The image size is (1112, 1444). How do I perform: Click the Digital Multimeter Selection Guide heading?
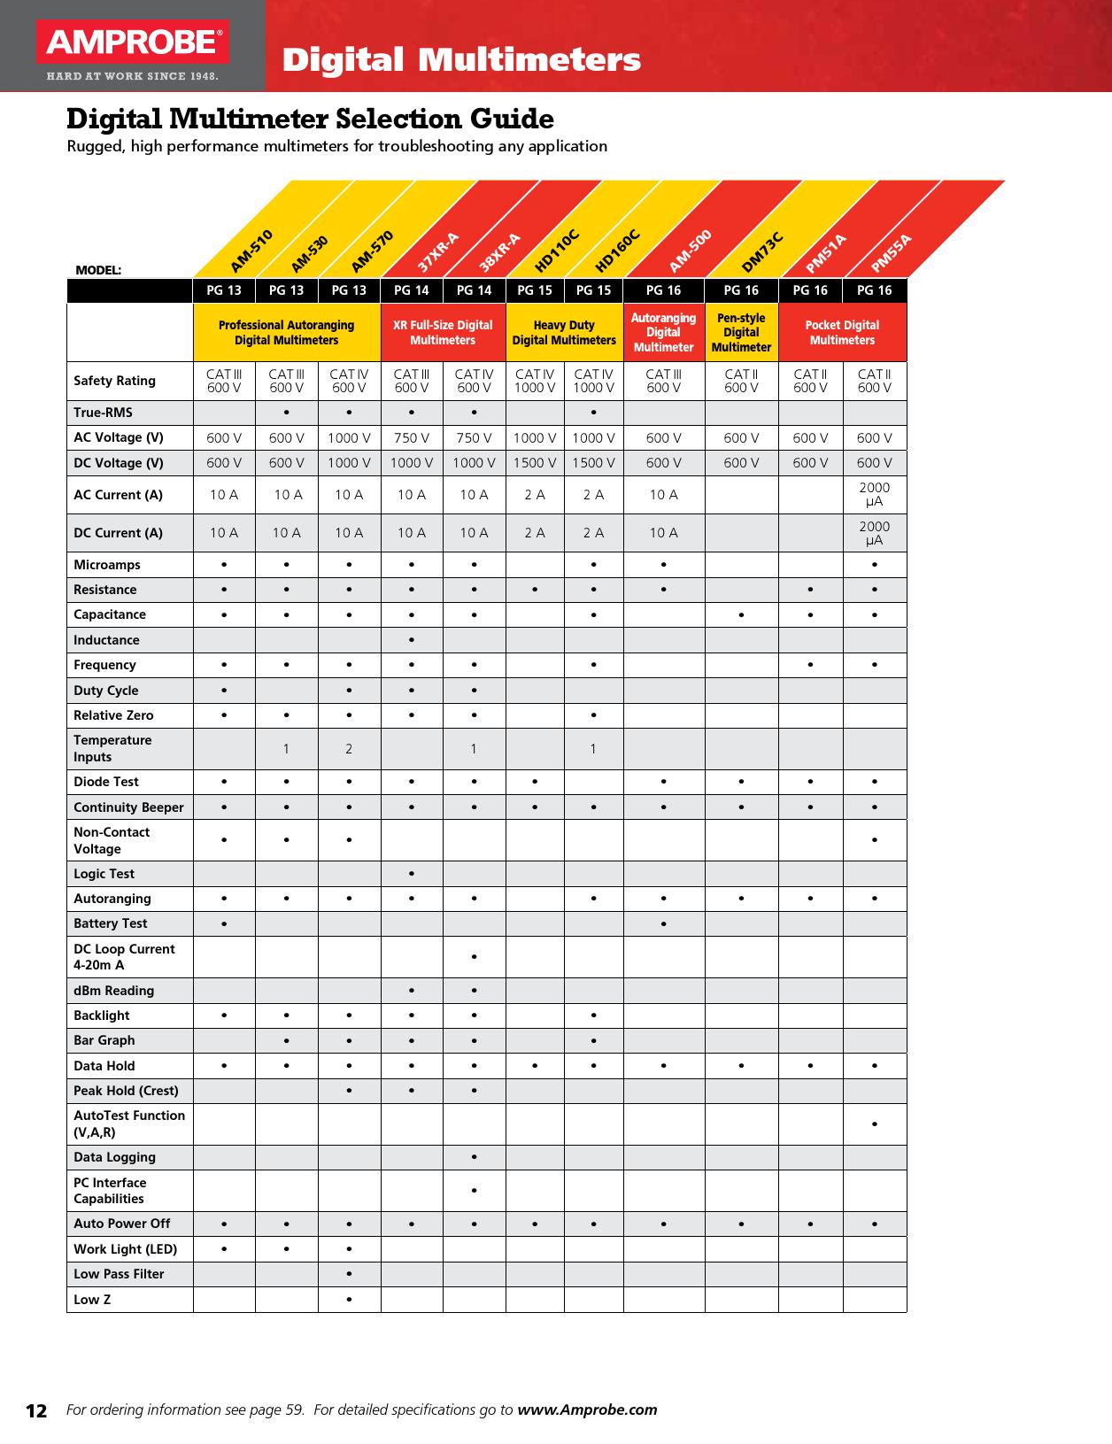311,119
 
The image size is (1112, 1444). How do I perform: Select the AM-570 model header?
372,251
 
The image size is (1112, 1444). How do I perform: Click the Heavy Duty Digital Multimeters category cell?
564,333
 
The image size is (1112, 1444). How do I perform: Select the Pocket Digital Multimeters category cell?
842,333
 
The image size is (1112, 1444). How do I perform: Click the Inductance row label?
106,640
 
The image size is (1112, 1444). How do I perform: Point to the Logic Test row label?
104,874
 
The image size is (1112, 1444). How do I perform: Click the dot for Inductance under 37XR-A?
412,640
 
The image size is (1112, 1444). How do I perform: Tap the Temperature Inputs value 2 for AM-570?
349,749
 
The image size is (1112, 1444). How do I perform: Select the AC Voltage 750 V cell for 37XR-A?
412,437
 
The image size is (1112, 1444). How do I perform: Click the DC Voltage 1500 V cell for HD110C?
535,463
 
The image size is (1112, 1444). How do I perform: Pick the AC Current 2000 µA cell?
875,495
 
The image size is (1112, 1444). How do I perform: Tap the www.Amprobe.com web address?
587,1409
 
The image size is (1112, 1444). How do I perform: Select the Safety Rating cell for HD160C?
593,382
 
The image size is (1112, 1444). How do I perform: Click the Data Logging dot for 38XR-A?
475,1157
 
